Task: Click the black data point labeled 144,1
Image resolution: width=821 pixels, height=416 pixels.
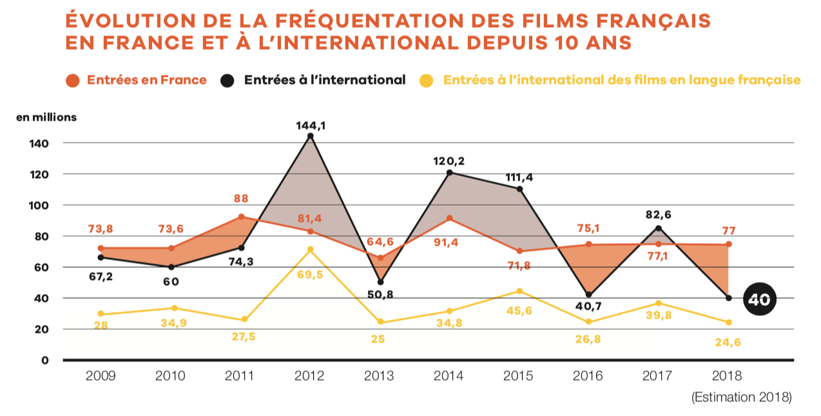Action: (311, 136)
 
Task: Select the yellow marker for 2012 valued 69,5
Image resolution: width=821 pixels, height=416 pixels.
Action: (311, 250)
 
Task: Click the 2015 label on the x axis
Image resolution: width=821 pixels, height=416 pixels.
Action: (519, 376)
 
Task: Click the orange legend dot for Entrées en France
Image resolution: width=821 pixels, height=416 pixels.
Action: (73, 81)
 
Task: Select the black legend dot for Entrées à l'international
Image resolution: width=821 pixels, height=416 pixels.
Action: (227, 81)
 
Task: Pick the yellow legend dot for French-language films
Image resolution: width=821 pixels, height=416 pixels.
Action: (427, 81)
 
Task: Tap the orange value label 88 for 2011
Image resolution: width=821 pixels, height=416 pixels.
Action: (241, 199)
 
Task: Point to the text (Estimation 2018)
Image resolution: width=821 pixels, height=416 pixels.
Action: (741, 397)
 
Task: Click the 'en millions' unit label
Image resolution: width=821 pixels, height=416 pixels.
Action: (46, 117)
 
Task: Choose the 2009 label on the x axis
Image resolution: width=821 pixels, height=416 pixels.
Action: (101, 376)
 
